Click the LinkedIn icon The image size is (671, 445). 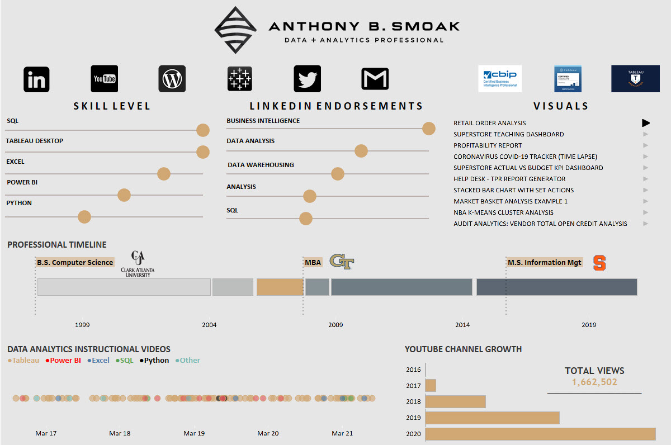click(36, 79)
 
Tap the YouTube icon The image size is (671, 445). click(105, 79)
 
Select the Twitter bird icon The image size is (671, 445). click(307, 79)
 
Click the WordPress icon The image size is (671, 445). click(172, 79)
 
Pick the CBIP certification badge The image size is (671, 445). click(499, 79)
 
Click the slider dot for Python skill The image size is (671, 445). click(84, 217)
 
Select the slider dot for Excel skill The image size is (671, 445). click(163, 174)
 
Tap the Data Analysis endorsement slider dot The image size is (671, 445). click(361, 151)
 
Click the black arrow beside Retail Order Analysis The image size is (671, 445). click(646, 123)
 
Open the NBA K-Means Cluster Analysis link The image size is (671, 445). click(503, 212)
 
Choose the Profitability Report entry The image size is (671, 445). click(488, 145)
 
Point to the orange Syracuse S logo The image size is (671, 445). click(599, 263)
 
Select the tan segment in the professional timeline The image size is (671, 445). click(280, 287)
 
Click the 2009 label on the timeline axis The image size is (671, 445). click(335, 325)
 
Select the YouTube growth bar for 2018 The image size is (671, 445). click(455, 402)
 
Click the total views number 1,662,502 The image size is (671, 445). click(594, 382)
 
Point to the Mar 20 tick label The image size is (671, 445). click(268, 433)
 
